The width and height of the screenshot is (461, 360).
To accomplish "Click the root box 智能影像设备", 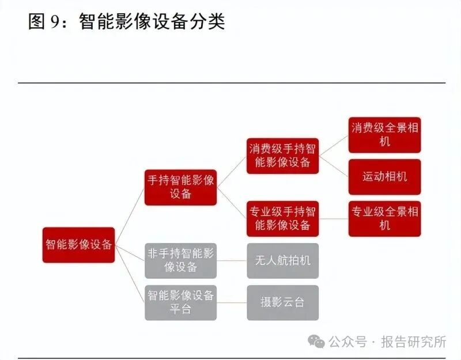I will (x=79, y=244).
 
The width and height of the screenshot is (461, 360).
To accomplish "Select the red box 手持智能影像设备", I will (x=180, y=187).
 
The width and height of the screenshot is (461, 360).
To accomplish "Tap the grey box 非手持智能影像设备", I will (x=180, y=260).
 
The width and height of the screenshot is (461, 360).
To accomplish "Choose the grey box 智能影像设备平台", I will (x=180, y=302).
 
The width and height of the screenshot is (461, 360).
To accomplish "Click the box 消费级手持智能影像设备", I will (x=282, y=156).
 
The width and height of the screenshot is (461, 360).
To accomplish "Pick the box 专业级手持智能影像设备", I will (x=282, y=218).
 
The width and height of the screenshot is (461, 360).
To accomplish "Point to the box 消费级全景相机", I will (x=384, y=135).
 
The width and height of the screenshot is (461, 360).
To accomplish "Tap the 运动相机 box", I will (x=384, y=177).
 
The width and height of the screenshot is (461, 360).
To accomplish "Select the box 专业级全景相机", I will (x=384, y=218).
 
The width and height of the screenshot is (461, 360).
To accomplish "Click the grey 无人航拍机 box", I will (x=282, y=260).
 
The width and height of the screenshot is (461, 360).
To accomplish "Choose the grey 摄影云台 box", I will (x=282, y=302).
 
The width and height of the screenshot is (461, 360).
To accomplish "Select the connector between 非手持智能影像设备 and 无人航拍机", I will (x=232, y=260).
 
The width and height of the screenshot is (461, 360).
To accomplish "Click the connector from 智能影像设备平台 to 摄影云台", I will (x=232, y=302).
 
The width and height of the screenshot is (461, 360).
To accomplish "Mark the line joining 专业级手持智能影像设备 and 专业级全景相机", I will (x=334, y=218).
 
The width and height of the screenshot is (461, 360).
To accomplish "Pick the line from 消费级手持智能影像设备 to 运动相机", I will (x=334, y=166).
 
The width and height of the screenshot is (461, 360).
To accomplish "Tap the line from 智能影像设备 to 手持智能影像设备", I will (x=130, y=214).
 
